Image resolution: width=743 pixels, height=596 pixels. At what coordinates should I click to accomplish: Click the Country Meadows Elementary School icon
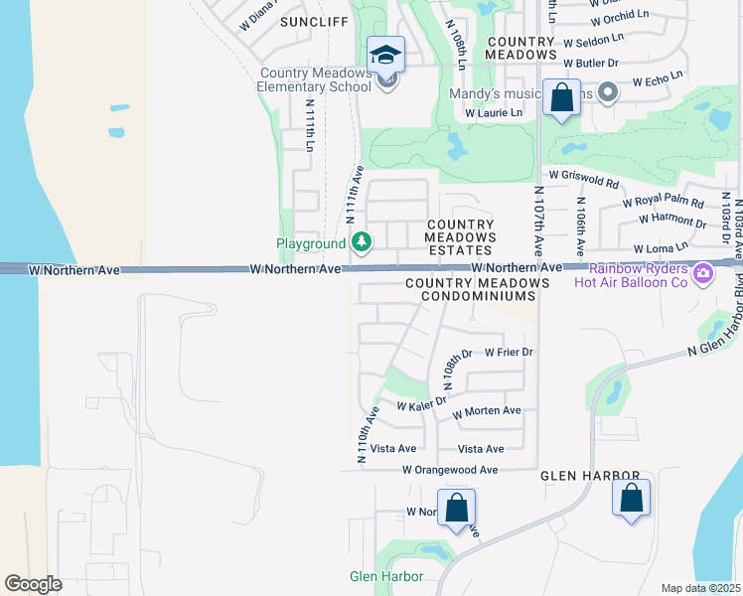tap(385, 55)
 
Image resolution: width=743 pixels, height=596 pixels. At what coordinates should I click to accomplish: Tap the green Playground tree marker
tap(363, 242)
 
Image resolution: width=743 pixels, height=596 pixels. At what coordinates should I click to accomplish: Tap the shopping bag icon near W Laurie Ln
tap(561, 98)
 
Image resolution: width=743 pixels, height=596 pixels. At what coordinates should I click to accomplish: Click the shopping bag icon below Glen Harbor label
tap(631, 498)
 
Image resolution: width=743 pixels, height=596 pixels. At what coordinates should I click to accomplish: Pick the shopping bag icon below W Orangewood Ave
tap(456, 508)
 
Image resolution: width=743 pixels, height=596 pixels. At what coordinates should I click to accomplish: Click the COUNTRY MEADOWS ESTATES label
tap(461, 237)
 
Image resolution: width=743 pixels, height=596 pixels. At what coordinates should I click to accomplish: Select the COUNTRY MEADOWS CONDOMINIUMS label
tap(477, 289)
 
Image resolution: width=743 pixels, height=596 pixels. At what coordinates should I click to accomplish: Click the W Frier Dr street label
tap(510, 353)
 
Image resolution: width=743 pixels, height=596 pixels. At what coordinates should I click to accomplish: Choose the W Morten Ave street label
tap(486, 411)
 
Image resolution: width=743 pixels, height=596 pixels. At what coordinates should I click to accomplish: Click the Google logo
tap(33, 583)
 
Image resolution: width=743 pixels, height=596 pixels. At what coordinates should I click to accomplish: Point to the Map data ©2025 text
tap(700, 588)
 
